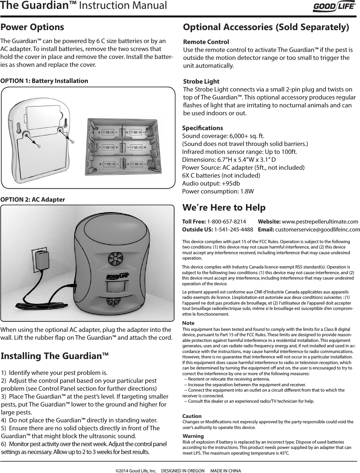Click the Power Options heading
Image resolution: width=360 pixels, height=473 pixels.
[x=32, y=27]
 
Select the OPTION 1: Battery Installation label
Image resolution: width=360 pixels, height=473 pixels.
[x=44, y=81]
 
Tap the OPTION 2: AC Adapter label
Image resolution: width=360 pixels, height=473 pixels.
[x=33, y=199]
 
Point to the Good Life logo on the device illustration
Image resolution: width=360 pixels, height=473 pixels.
[x=117, y=276]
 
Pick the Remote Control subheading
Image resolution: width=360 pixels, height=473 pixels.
[x=206, y=42]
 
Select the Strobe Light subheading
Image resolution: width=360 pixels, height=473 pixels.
[x=201, y=82]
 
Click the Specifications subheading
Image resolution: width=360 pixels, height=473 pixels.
[x=203, y=128]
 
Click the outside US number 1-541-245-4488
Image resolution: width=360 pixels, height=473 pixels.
[x=233, y=229]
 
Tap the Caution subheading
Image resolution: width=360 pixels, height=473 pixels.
[x=192, y=416]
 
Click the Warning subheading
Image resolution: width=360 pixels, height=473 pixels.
[x=193, y=436]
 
